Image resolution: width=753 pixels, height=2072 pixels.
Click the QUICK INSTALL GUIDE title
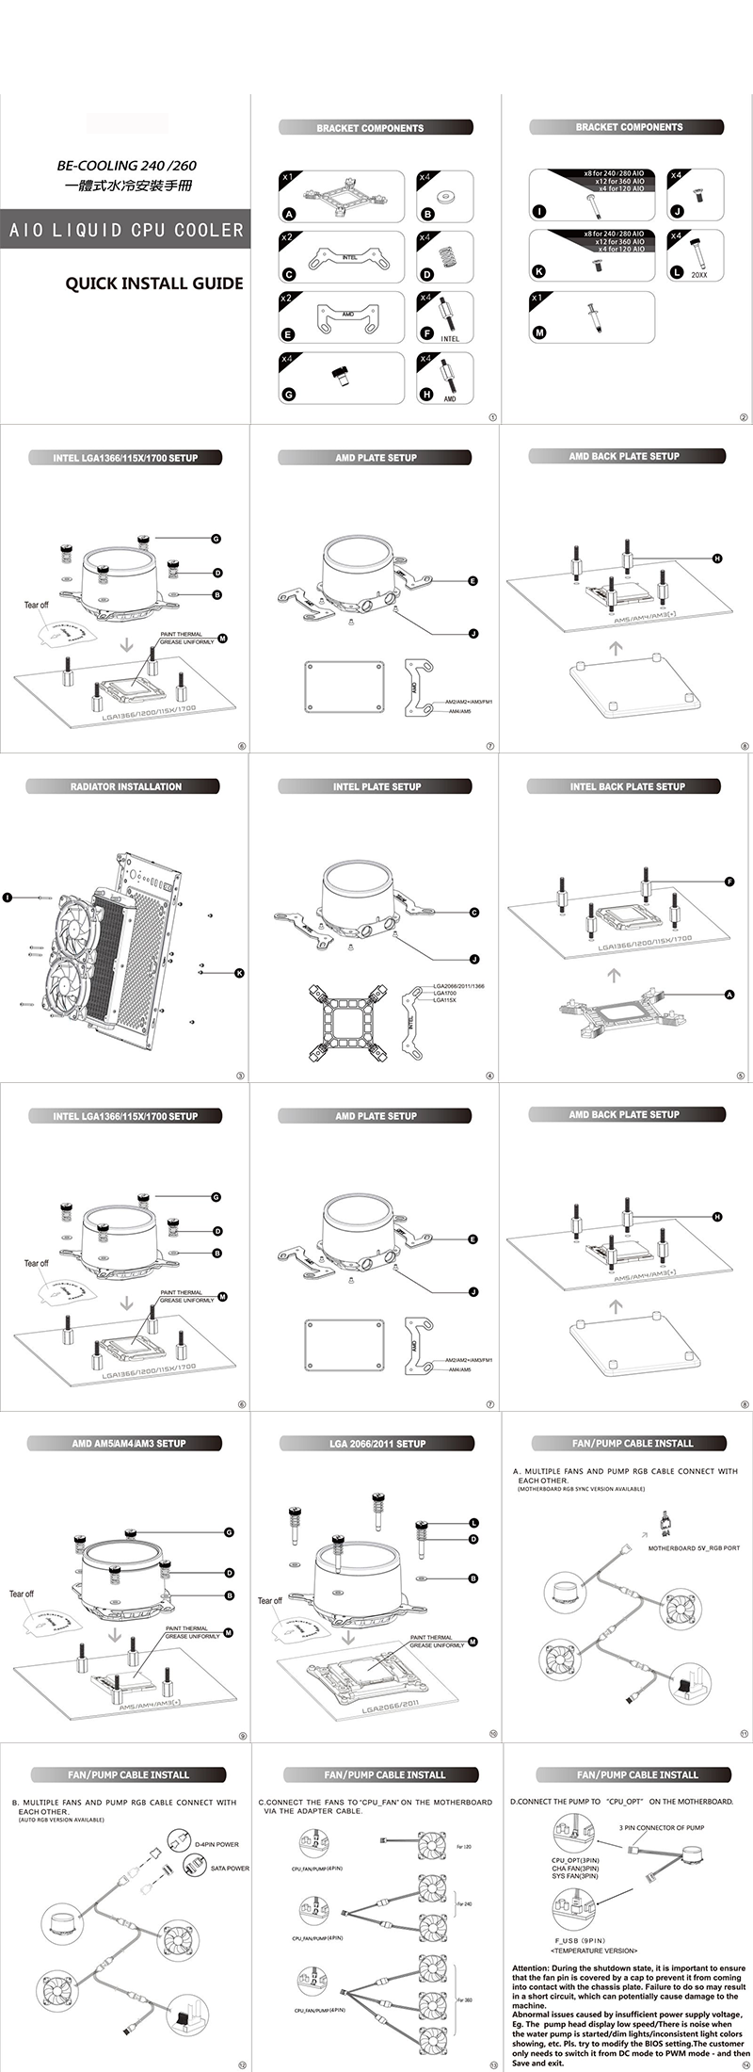[x=154, y=283]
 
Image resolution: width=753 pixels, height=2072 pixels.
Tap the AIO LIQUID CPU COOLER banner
[x=125, y=230]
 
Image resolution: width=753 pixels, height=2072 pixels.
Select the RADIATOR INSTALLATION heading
[x=126, y=786]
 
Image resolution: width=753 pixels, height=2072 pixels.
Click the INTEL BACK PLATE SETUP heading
[x=627, y=786]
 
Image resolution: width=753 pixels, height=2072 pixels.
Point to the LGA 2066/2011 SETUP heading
[x=377, y=1444]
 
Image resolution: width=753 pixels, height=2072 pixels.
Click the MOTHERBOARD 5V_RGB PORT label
[x=694, y=1548]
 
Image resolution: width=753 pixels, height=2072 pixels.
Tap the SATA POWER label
[x=230, y=1869]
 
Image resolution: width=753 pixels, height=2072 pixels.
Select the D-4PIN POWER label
[x=216, y=1845]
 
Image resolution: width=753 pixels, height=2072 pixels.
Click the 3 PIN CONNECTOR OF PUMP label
[x=662, y=1828]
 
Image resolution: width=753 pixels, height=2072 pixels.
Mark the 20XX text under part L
[x=699, y=274]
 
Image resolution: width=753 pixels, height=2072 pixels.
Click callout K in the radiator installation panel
[x=240, y=973]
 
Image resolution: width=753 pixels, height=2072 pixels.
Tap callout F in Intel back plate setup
[x=729, y=882]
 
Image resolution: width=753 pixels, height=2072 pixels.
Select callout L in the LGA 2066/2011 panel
[x=474, y=1523]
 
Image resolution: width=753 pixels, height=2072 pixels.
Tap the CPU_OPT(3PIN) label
[x=575, y=1861]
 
